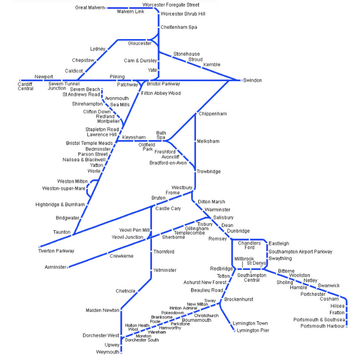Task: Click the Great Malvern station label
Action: (x=90, y=8)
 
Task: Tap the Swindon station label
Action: (x=253, y=80)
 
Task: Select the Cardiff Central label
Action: (x=25, y=86)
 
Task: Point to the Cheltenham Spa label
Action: (x=179, y=27)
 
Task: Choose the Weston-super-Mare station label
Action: (x=64, y=188)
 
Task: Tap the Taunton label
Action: (x=62, y=232)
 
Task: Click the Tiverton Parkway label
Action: (x=56, y=251)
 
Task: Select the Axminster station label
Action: (x=56, y=267)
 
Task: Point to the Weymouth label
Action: (x=107, y=352)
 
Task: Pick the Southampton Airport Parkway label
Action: (x=300, y=251)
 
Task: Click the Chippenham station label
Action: (x=212, y=114)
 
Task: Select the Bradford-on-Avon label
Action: (x=168, y=163)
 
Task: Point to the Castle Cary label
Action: (x=168, y=209)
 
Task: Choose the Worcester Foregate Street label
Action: (x=171, y=5)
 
